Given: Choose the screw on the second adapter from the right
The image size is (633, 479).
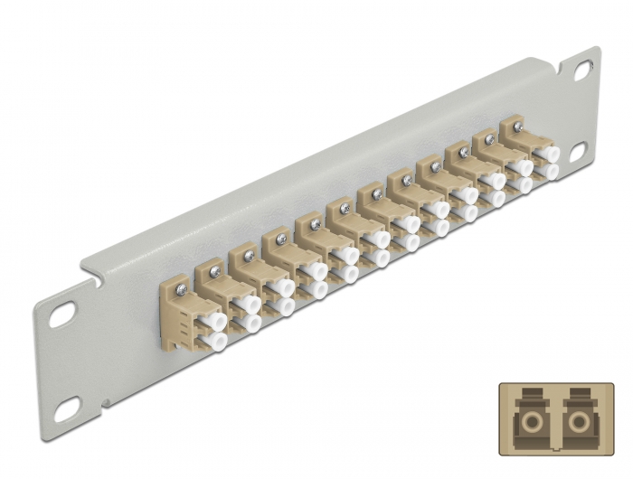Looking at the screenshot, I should point(489,137).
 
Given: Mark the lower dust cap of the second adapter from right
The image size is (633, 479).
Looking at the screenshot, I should point(523,185).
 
